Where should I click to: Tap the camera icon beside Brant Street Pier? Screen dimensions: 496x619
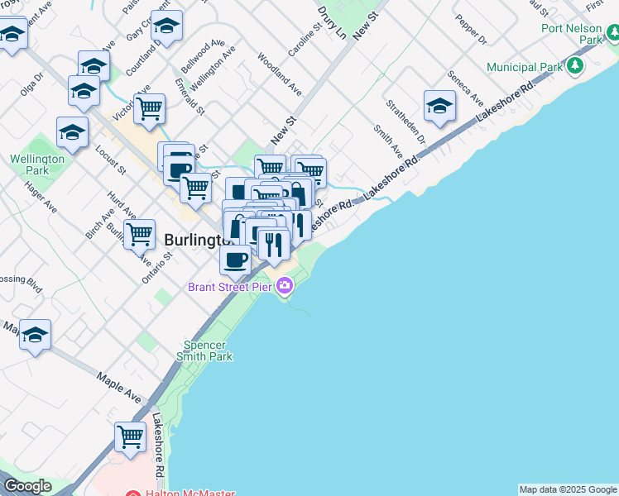(x=285, y=287)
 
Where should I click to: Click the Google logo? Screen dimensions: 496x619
(x=27, y=486)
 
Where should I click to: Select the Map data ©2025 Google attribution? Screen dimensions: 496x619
(x=568, y=489)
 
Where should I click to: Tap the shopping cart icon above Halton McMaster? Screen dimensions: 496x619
(x=130, y=436)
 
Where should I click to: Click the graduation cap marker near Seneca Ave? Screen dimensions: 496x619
(x=439, y=105)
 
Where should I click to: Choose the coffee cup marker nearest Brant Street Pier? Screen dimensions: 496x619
(x=236, y=260)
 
